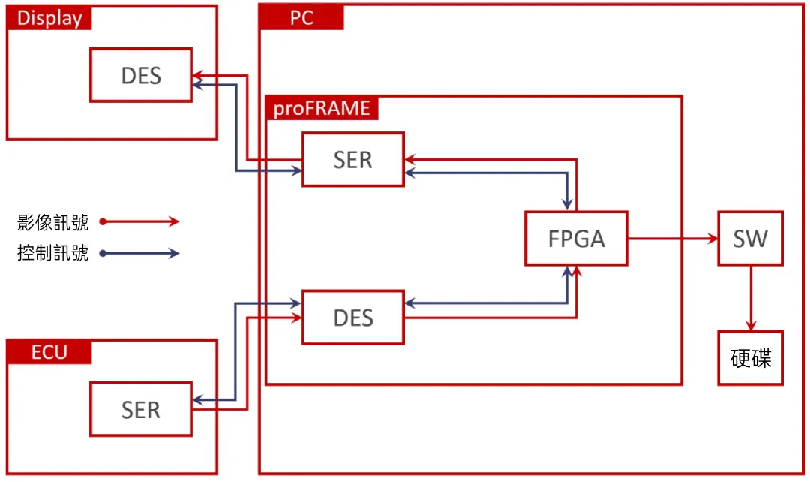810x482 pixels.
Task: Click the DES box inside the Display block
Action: click(x=141, y=75)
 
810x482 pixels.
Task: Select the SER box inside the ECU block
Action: click(x=141, y=409)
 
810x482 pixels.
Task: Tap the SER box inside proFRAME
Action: click(x=353, y=159)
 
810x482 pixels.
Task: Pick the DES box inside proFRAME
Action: click(x=353, y=317)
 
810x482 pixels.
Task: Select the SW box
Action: click(x=750, y=238)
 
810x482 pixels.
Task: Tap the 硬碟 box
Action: click(x=750, y=358)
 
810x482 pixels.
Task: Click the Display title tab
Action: click(x=49, y=18)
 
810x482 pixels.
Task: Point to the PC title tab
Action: click(x=301, y=18)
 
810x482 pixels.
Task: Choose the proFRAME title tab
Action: click(x=322, y=109)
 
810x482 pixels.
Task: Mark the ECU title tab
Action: click(x=49, y=352)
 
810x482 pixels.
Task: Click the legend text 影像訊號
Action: click(x=52, y=222)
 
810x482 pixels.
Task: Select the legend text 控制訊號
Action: click(x=52, y=254)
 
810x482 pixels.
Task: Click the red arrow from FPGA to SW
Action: click(x=672, y=239)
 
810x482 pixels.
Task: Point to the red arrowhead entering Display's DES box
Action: click(x=197, y=76)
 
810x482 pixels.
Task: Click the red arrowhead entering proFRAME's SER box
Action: click(x=409, y=159)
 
